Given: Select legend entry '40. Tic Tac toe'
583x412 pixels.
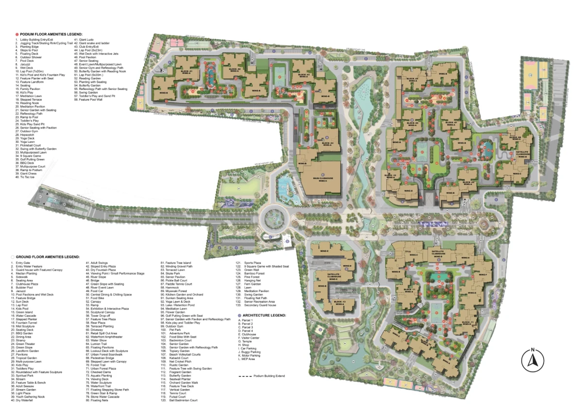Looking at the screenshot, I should pyautogui.click(x=26, y=177).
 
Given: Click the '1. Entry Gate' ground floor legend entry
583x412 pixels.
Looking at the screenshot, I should pyautogui.click(x=22, y=263).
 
